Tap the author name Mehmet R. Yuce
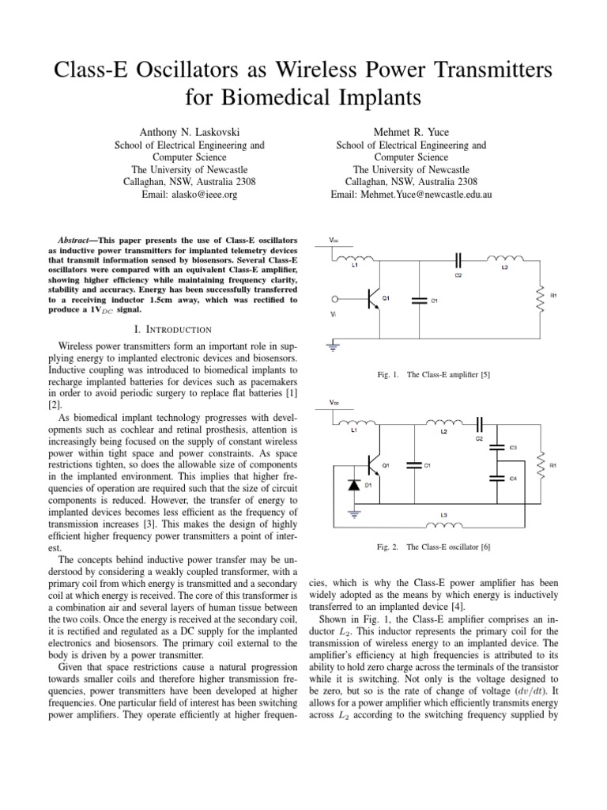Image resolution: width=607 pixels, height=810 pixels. pos(409,128)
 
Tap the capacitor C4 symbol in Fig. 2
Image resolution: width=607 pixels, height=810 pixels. pos(496,477)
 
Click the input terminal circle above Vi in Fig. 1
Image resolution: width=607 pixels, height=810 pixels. pos(335,300)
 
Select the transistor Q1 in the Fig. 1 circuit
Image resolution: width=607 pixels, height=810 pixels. pos(373,300)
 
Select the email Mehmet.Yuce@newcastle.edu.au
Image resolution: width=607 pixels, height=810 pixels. pos(409,194)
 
